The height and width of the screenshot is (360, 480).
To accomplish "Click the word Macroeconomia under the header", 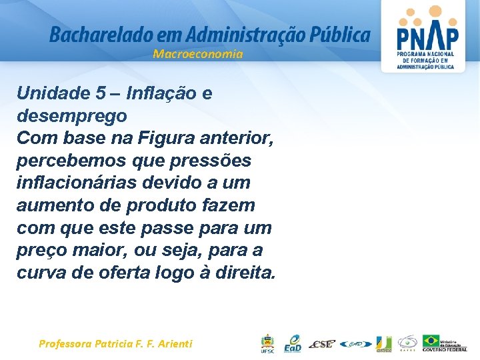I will pyautogui.click(x=198, y=54).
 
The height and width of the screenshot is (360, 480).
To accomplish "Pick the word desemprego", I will pyautogui.click(x=71, y=116).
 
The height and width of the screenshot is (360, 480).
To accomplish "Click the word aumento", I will pyautogui.click(x=51, y=206).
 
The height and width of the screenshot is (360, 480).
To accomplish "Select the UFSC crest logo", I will pyautogui.click(x=267, y=343).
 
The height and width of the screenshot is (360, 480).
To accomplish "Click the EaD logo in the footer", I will pyautogui.click(x=292, y=343).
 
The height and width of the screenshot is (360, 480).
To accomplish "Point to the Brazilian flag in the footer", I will pyautogui.click(x=431, y=341).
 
